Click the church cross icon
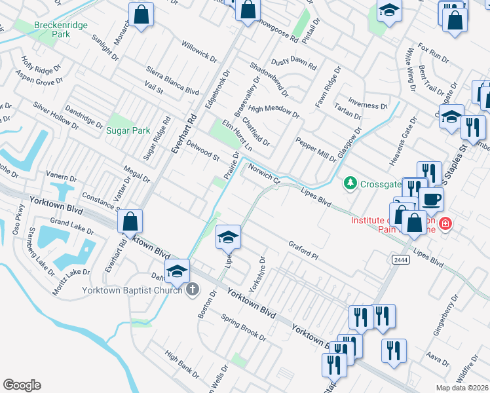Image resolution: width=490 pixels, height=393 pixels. tap(192, 290)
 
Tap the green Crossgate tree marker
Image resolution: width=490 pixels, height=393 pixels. tap(350, 183)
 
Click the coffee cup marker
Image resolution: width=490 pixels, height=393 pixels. tap(431, 198)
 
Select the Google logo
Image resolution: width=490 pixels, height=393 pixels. tap(22, 385)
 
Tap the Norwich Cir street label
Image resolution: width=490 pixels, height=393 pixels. tap(264, 174)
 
